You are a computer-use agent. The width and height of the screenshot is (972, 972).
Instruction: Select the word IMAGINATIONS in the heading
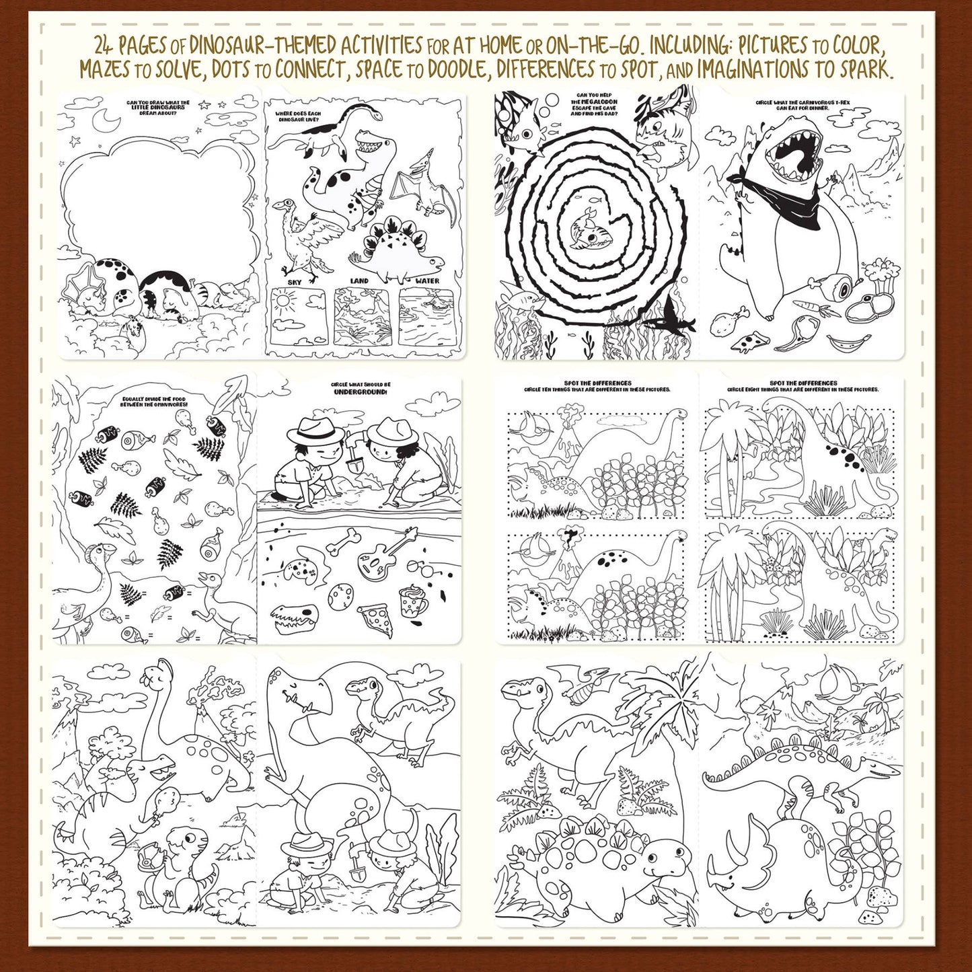(x=752, y=69)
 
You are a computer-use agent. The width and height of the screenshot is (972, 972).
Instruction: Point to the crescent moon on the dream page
(x=108, y=122)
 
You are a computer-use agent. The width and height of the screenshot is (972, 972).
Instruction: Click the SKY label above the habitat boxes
(x=295, y=281)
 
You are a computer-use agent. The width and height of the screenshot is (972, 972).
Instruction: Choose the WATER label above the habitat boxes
(x=427, y=281)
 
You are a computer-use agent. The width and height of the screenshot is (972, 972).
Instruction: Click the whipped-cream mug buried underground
(x=413, y=600)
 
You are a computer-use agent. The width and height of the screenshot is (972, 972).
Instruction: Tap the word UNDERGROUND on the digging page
(x=361, y=391)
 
